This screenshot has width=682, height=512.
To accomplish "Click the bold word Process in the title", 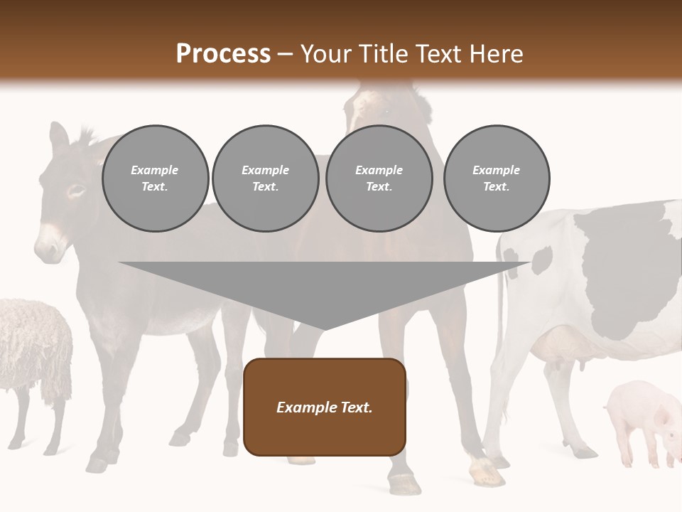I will [x=223, y=54].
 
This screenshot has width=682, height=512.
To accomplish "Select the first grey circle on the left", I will [x=155, y=178].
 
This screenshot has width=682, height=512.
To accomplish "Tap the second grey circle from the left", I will [x=265, y=178].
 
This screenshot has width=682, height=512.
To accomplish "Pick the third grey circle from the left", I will [x=379, y=178].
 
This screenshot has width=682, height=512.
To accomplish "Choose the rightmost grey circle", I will [x=496, y=178].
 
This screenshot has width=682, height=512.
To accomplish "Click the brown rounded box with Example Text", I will [x=324, y=407].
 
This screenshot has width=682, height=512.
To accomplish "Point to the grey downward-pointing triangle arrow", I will [x=324, y=292].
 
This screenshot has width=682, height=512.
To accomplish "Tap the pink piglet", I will [x=639, y=420].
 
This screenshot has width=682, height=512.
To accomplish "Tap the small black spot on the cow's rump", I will [x=541, y=260].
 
